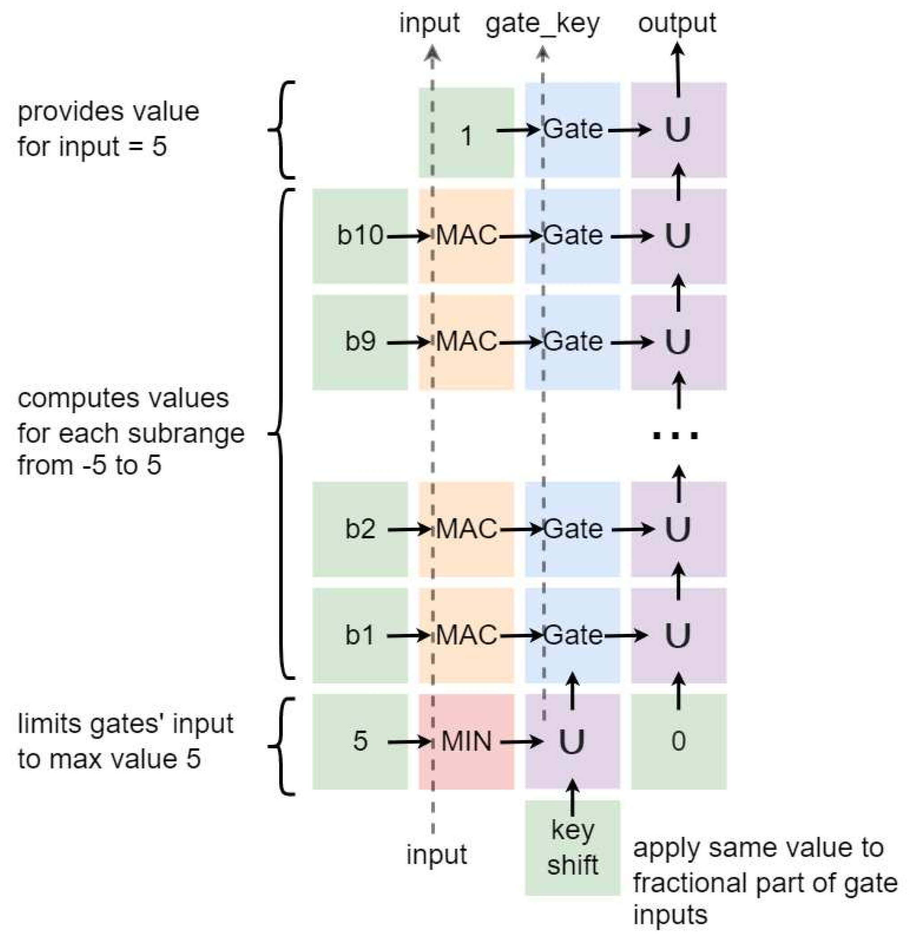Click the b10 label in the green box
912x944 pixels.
pos(360,235)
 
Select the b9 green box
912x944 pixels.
pos(360,342)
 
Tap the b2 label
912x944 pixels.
pos(360,529)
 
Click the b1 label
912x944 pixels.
pos(360,635)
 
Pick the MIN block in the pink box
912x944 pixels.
pos(466,741)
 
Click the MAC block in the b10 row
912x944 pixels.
pos(466,235)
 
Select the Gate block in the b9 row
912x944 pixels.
pos(572,342)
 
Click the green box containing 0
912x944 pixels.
pos(678,741)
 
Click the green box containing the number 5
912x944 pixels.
pos(360,741)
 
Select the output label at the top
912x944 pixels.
pos(677,23)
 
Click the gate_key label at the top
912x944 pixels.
pos(543,23)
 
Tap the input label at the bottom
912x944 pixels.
pos(436,855)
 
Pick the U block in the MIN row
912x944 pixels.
pos(572,741)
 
